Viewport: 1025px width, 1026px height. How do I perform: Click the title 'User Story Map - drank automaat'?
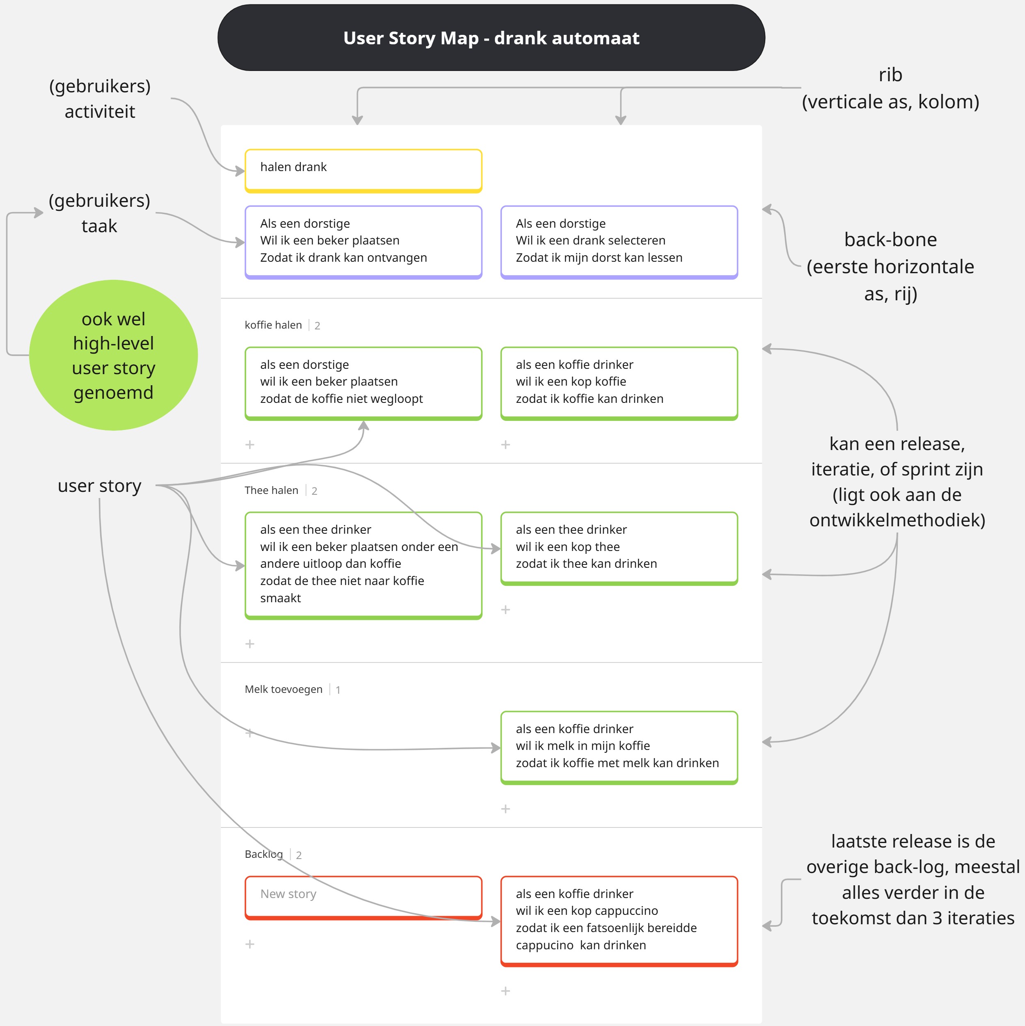point(491,38)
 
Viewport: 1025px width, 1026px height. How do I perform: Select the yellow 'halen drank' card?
point(363,170)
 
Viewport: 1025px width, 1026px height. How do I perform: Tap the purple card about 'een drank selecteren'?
point(619,241)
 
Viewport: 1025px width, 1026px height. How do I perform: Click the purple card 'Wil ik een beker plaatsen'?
point(363,241)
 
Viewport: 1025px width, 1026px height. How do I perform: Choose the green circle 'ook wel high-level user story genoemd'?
point(113,355)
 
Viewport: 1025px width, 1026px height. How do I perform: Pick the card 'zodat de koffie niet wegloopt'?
point(363,382)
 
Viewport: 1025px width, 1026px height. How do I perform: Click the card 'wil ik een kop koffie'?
point(619,382)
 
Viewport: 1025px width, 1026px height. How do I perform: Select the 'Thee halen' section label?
point(271,490)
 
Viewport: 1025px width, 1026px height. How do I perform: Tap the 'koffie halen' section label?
point(273,325)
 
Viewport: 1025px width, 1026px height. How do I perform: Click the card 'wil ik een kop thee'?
point(619,548)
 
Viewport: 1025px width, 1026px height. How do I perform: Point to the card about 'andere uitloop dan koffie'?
point(363,564)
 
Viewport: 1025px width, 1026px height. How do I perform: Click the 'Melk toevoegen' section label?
point(283,689)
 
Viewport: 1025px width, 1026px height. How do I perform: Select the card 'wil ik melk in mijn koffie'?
point(619,746)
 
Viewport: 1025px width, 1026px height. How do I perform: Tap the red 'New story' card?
point(363,896)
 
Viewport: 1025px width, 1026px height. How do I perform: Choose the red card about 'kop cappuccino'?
point(619,920)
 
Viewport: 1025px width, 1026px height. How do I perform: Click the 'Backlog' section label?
point(263,855)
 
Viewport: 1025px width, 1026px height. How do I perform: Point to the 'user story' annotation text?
point(99,486)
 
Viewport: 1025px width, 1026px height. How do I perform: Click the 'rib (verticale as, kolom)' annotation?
point(890,88)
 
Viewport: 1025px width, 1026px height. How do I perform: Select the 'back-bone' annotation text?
point(890,240)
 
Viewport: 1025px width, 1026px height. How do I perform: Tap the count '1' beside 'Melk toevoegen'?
point(338,690)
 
